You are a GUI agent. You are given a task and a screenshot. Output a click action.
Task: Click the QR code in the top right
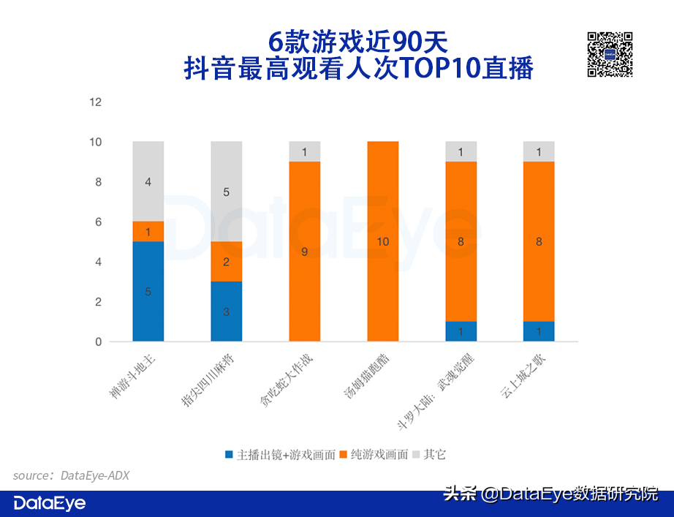tap(610, 55)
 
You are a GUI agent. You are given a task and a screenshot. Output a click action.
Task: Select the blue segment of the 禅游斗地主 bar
tap(148, 291)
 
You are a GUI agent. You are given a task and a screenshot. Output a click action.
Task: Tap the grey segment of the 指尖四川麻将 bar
tap(227, 192)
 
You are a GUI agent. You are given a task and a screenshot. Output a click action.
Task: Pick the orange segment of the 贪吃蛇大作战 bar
tap(305, 251)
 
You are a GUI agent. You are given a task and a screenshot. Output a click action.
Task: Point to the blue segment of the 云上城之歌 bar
tap(539, 331)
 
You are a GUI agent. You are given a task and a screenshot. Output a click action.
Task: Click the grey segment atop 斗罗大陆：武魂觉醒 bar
tap(461, 151)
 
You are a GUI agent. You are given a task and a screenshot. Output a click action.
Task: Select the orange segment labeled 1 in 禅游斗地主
tap(148, 232)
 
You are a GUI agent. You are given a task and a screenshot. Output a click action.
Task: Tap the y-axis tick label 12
tap(95, 102)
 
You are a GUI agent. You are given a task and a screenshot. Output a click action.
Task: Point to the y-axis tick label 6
tap(98, 222)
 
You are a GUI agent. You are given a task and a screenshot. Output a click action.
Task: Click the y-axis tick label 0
tap(98, 341)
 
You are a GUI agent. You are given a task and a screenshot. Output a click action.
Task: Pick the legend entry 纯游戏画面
tap(379, 454)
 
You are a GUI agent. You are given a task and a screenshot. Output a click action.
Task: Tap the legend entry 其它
tap(433, 454)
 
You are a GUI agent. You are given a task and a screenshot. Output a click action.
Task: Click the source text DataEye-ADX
tap(95, 475)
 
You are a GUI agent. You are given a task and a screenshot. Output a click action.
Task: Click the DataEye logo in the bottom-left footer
tap(50, 503)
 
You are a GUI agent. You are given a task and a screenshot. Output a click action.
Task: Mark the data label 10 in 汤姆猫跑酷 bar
tap(383, 242)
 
